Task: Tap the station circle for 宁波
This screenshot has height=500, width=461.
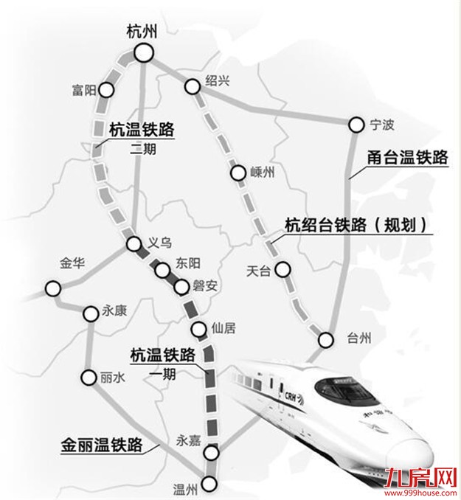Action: (357, 125)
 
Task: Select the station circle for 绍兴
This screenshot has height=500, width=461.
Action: (193, 87)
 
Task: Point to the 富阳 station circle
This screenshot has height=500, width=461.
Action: (107, 90)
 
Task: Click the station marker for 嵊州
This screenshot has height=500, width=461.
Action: (238, 174)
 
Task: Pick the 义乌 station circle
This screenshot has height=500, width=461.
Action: (134, 244)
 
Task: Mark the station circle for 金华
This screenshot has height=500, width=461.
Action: (52, 288)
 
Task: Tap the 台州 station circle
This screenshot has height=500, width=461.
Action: (326, 340)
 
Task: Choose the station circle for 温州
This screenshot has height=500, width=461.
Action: (210, 484)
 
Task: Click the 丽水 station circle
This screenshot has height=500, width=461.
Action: (89, 376)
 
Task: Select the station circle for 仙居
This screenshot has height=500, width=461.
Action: (197, 329)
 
